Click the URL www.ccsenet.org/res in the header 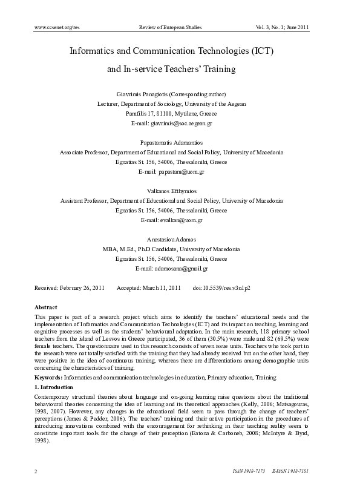point(57,28)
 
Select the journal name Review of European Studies point(170,28)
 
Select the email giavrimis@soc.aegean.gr point(181,123)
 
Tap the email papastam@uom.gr point(180,172)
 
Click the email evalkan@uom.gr point(180,220)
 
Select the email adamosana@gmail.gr point(180,269)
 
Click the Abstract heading point(46,307)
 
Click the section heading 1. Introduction point(54,386)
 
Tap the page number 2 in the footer point(36,470)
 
